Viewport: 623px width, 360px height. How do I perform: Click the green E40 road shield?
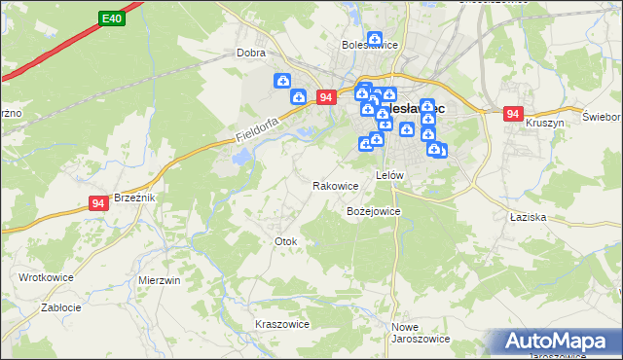(x=111, y=18)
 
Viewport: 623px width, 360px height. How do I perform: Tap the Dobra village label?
(x=251, y=54)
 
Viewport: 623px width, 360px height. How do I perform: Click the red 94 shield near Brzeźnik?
(x=98, y=202)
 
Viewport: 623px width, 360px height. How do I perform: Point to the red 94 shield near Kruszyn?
(x=513, y=114)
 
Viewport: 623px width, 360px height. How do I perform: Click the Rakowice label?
(x=336, y=186)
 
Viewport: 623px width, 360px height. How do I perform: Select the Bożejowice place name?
(x=374, y=211)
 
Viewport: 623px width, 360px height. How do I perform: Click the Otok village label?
(x=285, y=241)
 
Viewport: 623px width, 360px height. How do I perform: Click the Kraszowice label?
(x=281, y=324)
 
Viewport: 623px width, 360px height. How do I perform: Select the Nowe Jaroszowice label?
(x=420, y=333)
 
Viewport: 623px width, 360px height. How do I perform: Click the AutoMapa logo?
(x=560, y=342)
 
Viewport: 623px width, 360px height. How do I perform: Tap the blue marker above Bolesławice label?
(x=374, y=37)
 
